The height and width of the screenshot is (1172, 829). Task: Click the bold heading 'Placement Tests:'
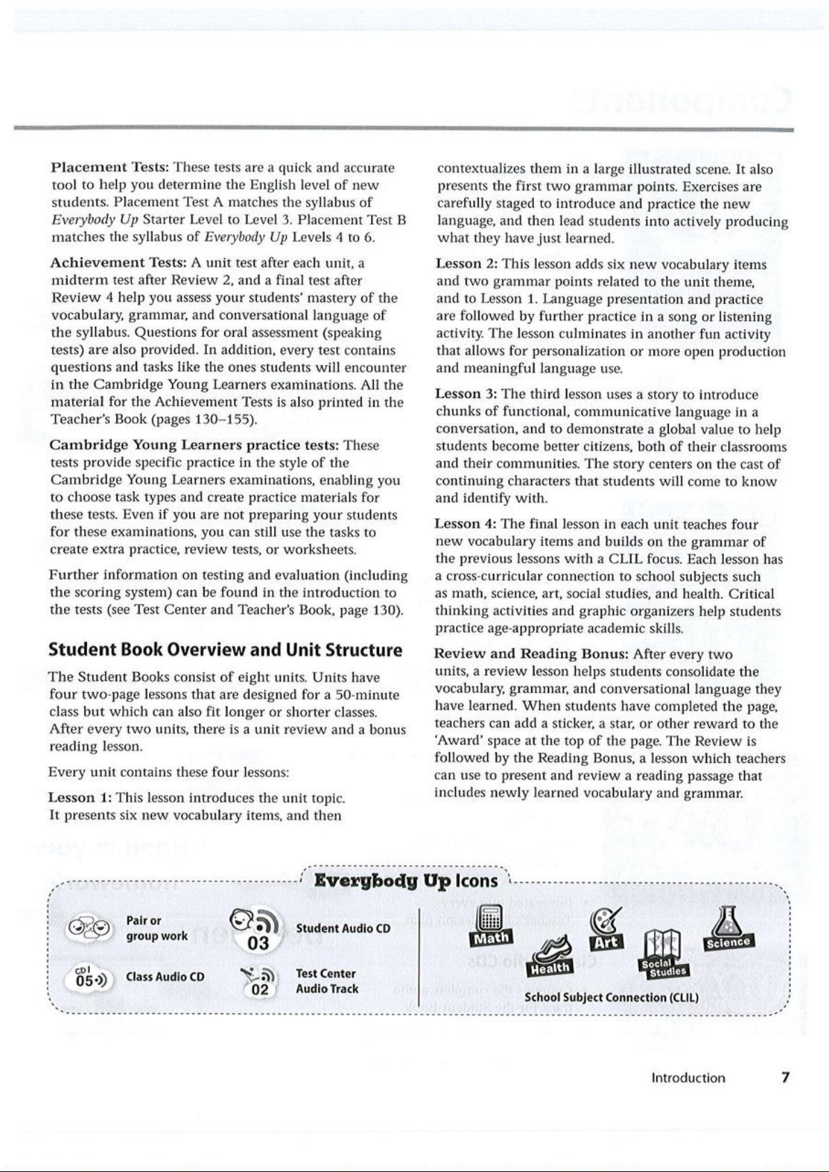pos(111,168)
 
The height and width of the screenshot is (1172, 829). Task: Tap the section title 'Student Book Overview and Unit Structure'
pos(225,650)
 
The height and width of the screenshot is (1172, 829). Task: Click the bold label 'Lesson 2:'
pos(467,264)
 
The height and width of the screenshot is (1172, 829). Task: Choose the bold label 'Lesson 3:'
pos(466,394)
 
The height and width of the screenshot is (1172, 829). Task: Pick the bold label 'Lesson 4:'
pos(466,524)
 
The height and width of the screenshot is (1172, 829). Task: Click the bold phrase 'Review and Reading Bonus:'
pos(531,654)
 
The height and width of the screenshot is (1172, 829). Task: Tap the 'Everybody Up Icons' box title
pos(406,881)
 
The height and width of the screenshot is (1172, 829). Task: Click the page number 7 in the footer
pos(785,1078)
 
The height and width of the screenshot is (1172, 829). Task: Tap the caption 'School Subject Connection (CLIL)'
pos(611,997)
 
